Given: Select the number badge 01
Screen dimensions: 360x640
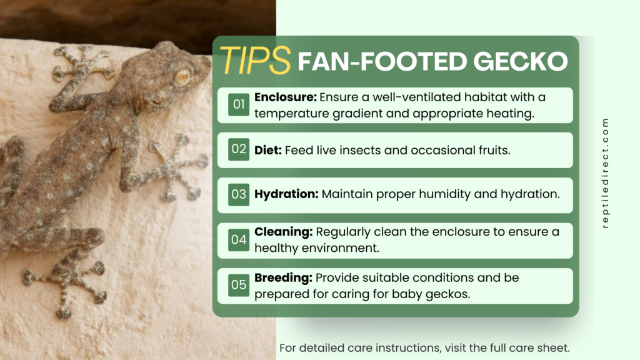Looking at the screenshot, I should [239, 105].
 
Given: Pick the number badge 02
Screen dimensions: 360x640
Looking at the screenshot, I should [239, 150].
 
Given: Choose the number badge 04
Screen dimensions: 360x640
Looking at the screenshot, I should [239, 240].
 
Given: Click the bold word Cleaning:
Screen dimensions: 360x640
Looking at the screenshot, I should [283, 232].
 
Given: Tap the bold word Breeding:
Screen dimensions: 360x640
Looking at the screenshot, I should [283, 277].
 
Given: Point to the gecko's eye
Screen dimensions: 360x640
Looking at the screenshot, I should [182, 77].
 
